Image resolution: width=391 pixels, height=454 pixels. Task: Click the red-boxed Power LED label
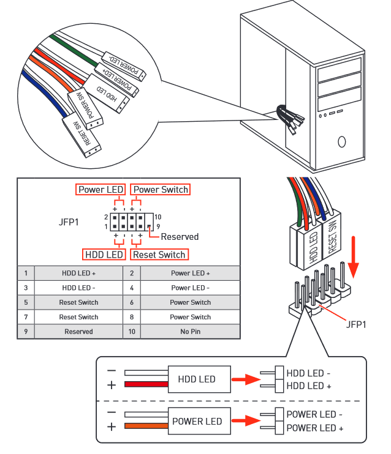click(x=101, y=190)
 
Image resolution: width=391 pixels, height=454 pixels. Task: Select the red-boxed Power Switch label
click(x=161, y=190)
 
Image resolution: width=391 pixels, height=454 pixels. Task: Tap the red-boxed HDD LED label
click(x=104, y=255)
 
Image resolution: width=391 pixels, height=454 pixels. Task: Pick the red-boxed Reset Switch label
click(x=159, y=255)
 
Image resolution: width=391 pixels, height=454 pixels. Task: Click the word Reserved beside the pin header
click(x=180, y=237)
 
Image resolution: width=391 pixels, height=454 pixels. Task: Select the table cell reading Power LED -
click(x=190, y=288)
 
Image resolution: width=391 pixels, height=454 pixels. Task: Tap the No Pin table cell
click(x=190, y=332)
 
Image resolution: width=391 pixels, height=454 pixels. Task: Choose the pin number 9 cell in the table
click(x=26, y=332)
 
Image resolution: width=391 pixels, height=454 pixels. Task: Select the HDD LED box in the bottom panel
click(x=197, y=379)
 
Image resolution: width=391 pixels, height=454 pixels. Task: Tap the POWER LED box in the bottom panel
click(x=197, y=421)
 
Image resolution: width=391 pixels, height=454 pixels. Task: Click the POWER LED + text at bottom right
click(x=314, y=428)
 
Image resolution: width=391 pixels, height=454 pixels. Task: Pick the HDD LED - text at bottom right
click(x=309, y=373)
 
